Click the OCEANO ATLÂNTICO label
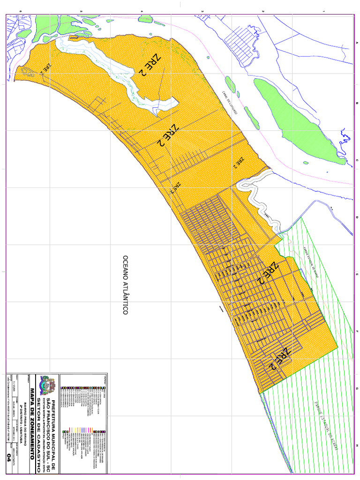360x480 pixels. point(125,285)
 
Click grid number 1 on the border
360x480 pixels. point(324,11)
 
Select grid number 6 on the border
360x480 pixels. point(20,11)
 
